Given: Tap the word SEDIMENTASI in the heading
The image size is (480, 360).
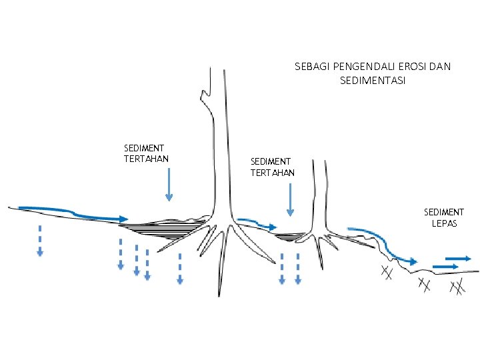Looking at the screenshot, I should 373,81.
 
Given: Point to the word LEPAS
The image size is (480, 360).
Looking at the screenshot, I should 445,224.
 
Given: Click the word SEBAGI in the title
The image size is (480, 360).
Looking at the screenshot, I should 311,67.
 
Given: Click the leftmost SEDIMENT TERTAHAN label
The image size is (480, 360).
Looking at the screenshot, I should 145,153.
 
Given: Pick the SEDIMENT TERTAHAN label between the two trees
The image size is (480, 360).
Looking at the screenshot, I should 272,167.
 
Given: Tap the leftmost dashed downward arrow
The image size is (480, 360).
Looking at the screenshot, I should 40,240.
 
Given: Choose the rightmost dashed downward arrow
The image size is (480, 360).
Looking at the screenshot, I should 298,268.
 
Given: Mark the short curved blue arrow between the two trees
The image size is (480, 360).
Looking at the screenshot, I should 257,223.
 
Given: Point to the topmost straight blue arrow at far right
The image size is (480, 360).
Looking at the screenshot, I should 458,258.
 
